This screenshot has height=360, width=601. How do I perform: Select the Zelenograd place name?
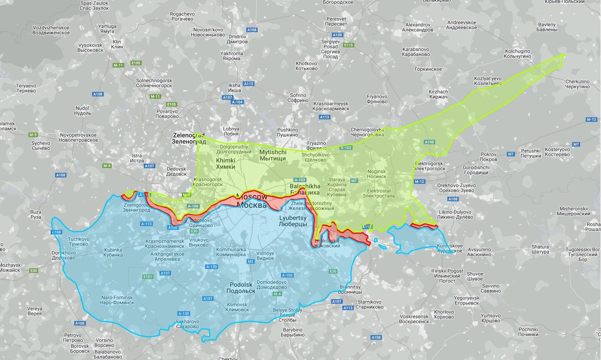click(188, 138)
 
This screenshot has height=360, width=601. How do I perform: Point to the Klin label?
click(117, 45)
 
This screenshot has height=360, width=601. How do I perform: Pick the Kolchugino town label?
click(517, 54)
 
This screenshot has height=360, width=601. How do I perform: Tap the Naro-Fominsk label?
click(117, 300)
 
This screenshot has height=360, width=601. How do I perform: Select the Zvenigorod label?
click(137, 207)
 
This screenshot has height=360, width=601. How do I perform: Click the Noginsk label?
click(376, 174)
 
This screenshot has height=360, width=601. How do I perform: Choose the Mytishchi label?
click(273, 155)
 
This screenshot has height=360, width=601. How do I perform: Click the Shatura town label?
click(540, 249)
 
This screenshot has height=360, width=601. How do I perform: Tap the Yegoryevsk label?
click(466, 300)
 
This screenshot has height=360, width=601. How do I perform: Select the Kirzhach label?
click(438, 94)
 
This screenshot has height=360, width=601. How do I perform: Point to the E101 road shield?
click(148, 277)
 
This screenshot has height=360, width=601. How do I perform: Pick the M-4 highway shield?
click(277, 294)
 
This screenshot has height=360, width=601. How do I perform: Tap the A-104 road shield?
click(237, 102)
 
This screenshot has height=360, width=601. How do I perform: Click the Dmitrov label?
click(237, 39)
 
